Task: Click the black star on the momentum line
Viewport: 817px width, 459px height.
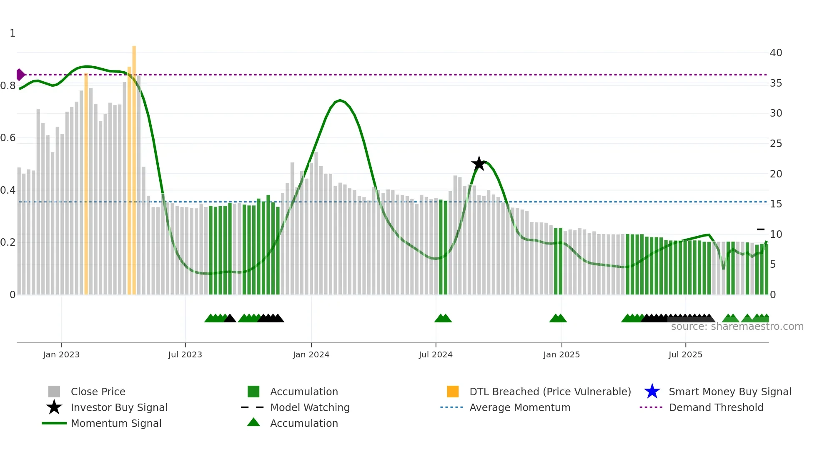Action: point(479,164)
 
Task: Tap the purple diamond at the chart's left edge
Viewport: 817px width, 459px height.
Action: point(20,75)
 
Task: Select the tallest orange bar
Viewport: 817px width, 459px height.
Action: point(134,167)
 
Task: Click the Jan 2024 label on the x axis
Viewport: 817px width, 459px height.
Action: point(311,354)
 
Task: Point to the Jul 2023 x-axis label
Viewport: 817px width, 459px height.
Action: point(185,354)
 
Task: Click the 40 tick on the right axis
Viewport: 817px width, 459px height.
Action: point(776,53)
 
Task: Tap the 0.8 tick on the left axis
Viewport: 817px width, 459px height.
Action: point(8,86)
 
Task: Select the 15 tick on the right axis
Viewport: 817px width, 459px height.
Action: point(776,204)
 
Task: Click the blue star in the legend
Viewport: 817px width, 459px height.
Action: point(652,392)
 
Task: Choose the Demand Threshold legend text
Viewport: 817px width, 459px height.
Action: point(716,407)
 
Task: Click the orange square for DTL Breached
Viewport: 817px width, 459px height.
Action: point(453,392)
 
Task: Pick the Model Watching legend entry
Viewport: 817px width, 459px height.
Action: point(310,407)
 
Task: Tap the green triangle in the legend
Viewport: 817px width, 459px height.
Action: point(253,422)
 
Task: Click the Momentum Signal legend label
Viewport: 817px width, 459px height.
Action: point(116,423)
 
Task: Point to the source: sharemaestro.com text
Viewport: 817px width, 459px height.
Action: point(737,327)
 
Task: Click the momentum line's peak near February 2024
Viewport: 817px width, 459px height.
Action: point(340,100)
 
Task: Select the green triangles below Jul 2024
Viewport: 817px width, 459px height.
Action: point(443,318)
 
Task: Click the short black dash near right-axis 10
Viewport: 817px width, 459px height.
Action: point(761,229)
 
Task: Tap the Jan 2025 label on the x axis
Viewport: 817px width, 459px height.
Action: point(561,354)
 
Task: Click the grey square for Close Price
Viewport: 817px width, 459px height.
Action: point(54,392)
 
